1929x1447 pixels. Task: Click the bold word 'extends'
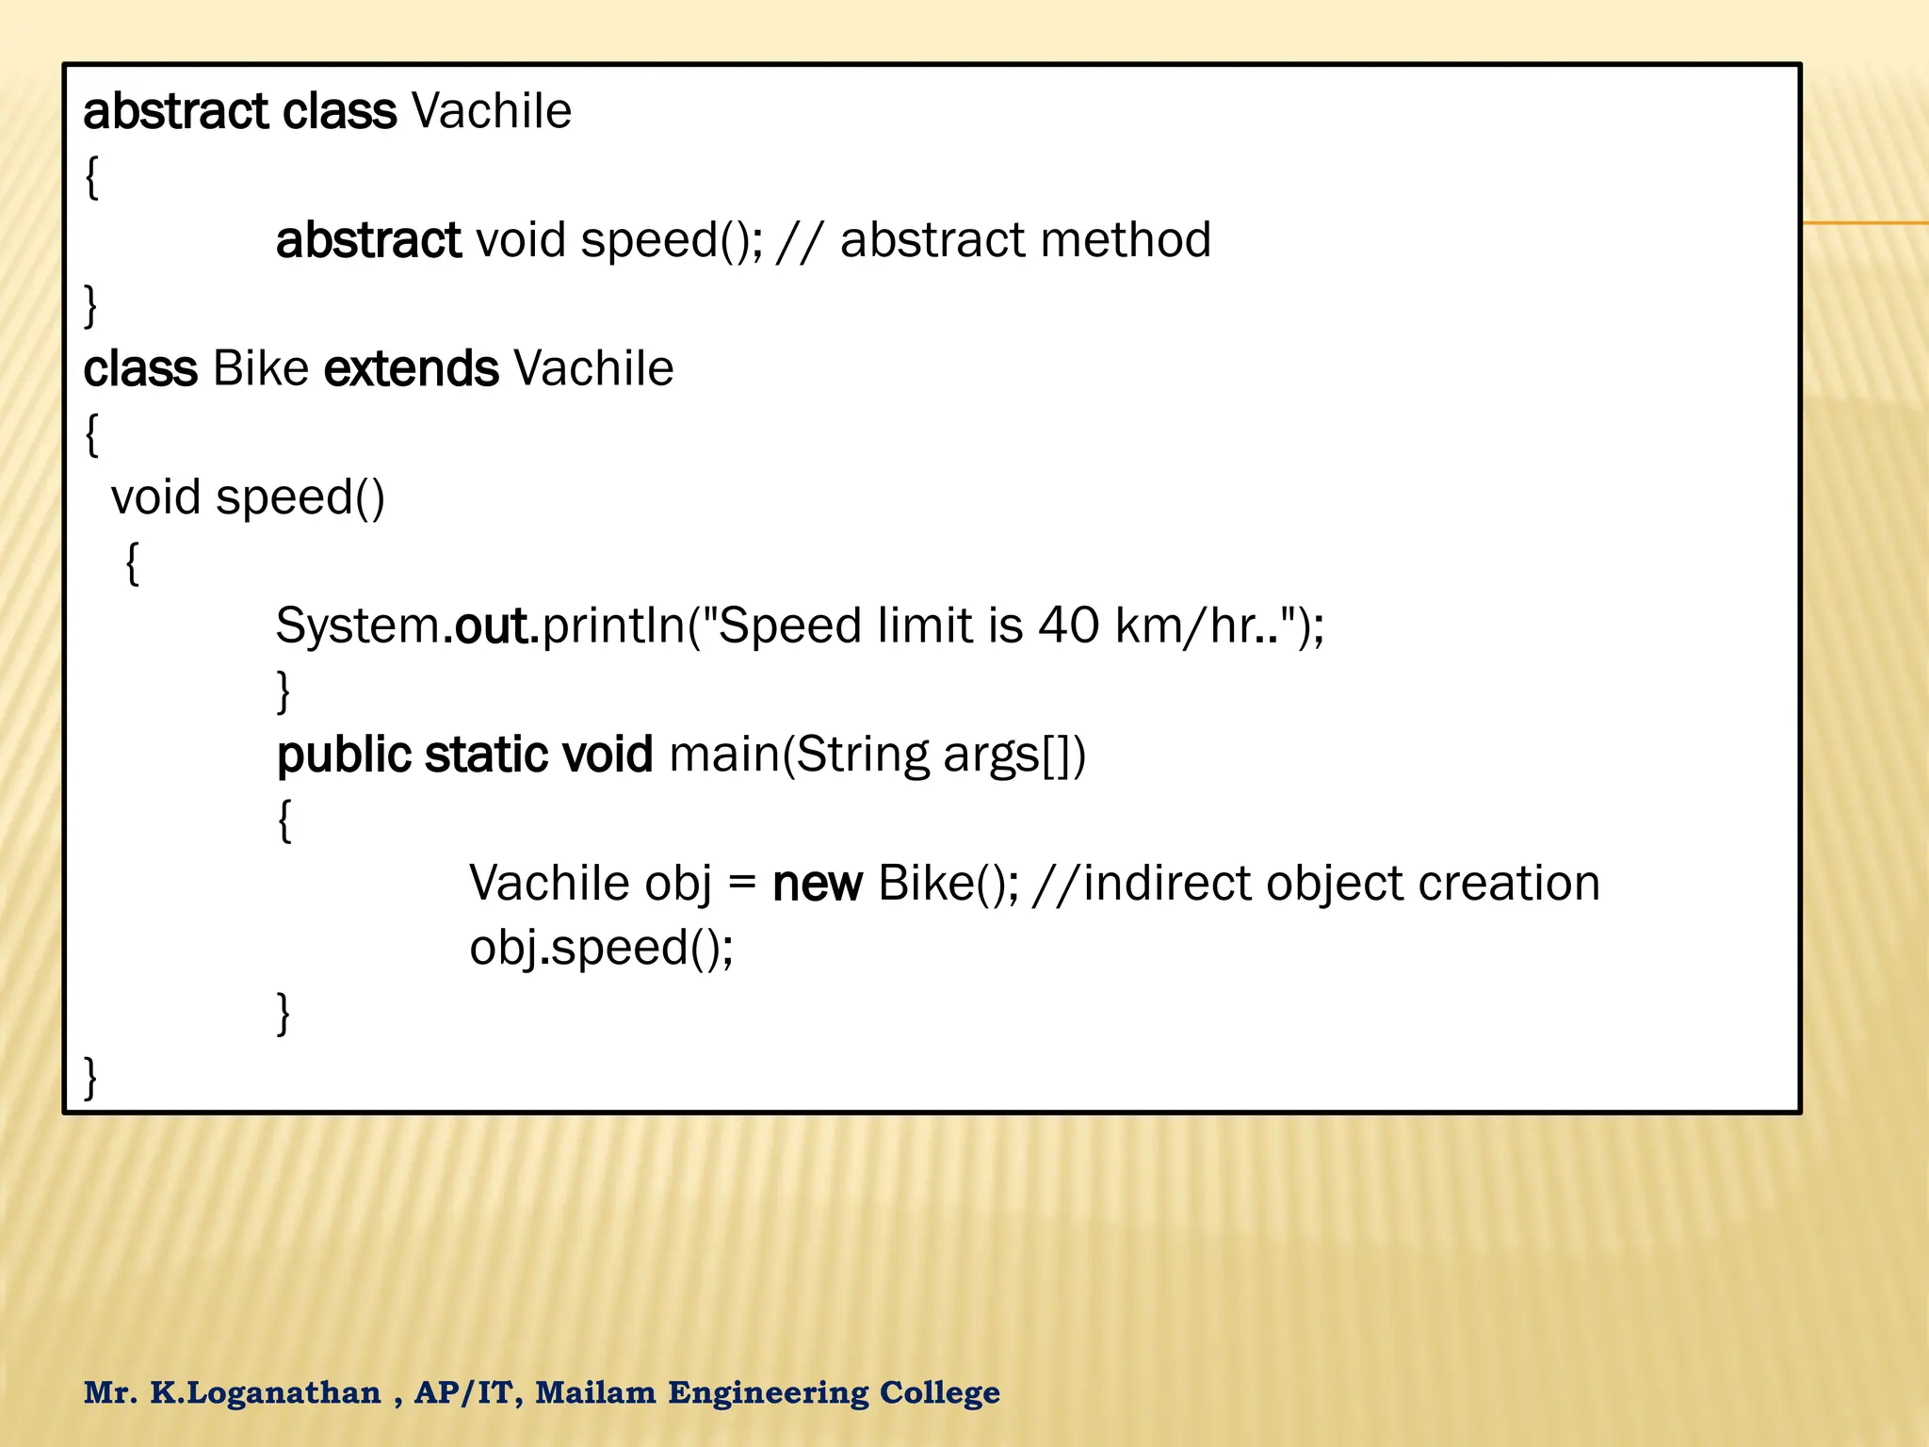[x=411, y=368]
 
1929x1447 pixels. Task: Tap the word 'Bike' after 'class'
[x=261, y=368]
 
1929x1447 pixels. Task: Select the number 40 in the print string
[x=1068, y=626]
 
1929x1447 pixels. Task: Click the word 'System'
[x=358, y=626]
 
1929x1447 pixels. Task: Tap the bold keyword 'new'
[x=817, y=884]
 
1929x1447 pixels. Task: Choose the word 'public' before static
[x=344, y=756]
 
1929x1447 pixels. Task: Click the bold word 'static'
[x=486, y=756]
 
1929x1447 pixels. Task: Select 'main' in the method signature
[x=724, y=756]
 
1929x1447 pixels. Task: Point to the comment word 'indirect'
[x=1166, y=884]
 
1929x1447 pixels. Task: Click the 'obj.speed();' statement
[x=601, y=948]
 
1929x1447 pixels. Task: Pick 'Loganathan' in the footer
[x=284, y=1392]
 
